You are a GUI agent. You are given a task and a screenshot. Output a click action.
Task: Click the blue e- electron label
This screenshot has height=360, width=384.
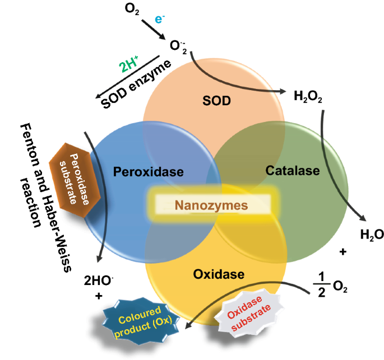pos(159,18)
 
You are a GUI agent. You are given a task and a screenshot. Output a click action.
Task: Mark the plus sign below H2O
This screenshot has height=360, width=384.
pos(343,253)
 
